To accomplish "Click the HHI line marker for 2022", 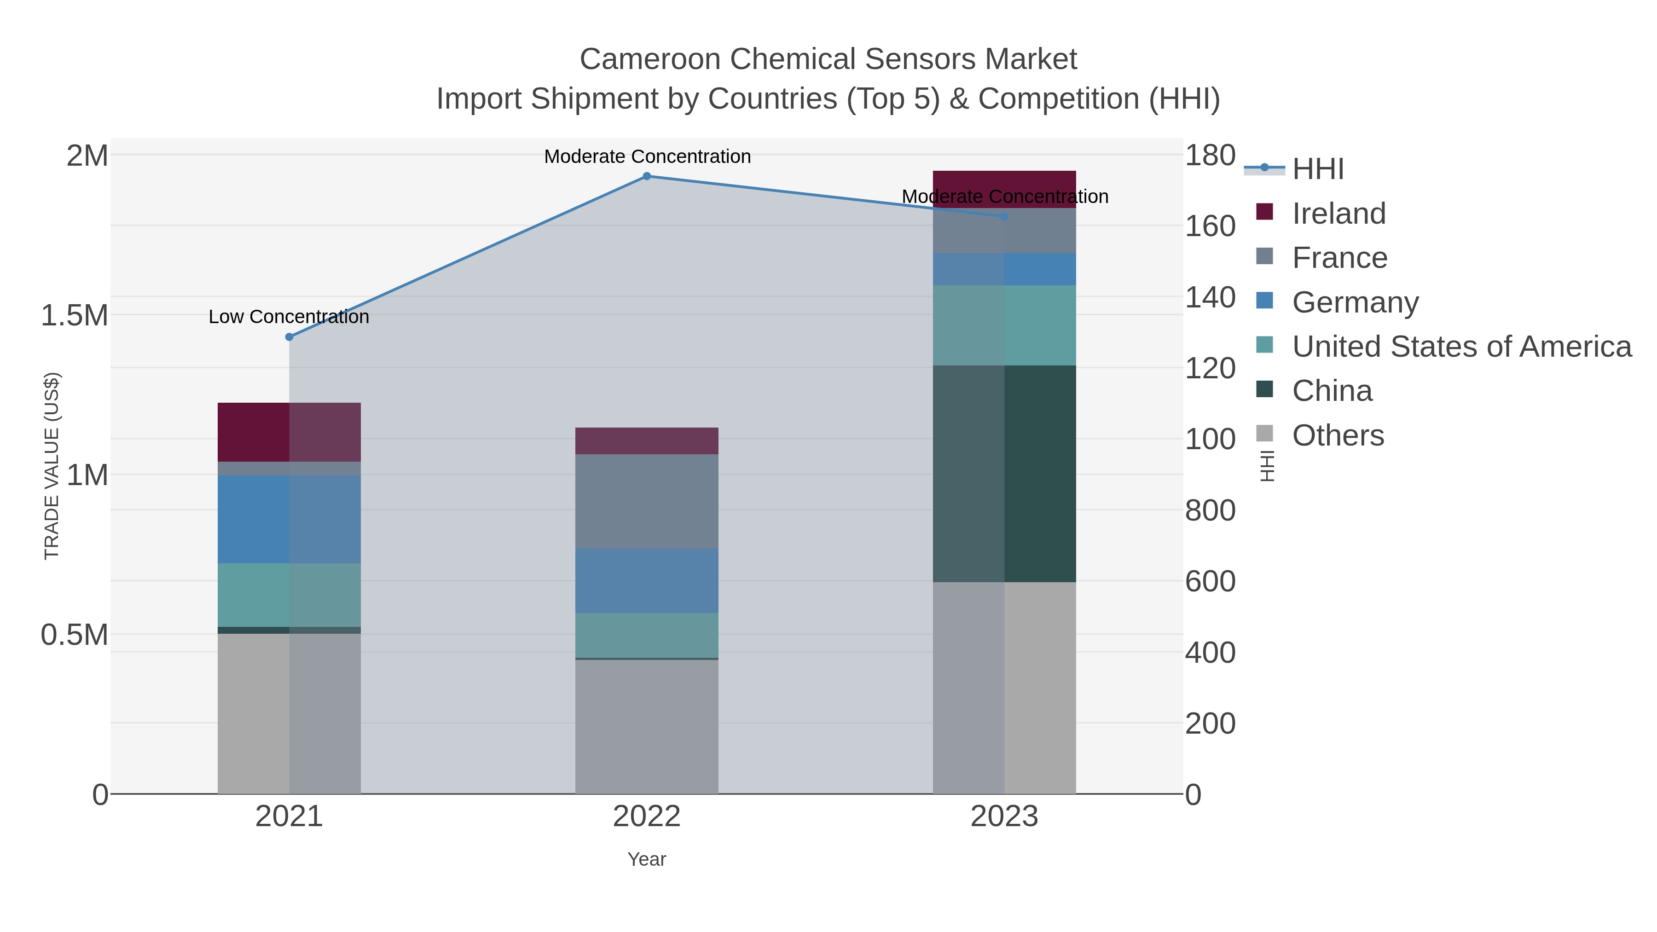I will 647,176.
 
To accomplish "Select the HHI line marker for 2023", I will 1004,217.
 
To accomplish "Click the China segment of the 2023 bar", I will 1004,474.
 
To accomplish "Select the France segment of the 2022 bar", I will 647,501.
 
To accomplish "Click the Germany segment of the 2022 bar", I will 647,580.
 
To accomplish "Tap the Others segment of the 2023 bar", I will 1004,688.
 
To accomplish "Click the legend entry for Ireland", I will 1338,214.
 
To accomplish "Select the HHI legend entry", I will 1317,169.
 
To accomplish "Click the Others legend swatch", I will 1265,434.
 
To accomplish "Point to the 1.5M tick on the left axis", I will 75,316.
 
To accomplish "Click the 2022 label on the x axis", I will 647,817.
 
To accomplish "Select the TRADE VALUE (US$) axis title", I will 52,466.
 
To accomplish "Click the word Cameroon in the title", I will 649,59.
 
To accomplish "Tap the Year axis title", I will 647,859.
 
